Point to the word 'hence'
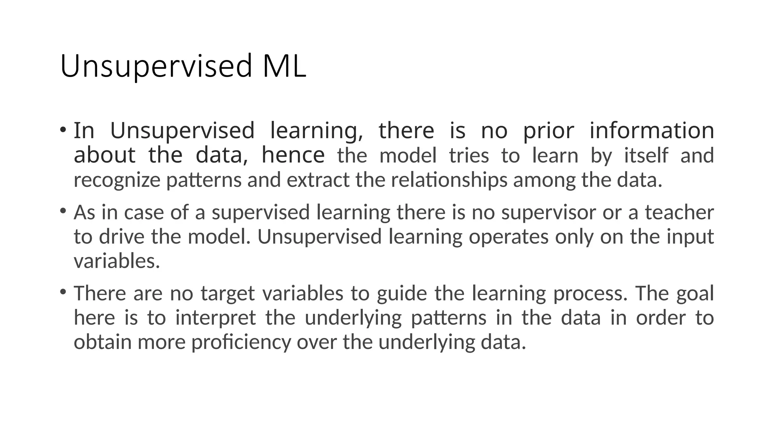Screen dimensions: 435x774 tap(293, 155)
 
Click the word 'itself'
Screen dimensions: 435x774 tap(646, 156)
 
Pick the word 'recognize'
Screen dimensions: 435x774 tap(117, 180)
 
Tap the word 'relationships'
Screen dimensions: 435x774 tap(449, 180)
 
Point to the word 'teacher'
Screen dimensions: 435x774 tap(679, 212)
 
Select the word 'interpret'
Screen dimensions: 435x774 tap(215, 318)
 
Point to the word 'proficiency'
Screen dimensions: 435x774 tap(241, 342)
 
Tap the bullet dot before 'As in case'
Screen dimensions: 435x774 tap(63, 210)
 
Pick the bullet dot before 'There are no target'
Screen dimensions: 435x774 tap(63, 292)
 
